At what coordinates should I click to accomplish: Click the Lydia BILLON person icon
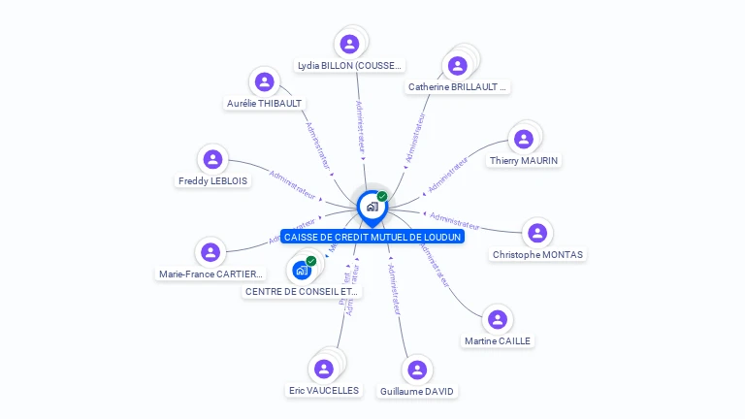pos(349,44)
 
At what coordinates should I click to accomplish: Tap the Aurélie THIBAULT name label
pos(265,103)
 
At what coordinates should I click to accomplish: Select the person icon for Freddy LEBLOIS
pos(212,159)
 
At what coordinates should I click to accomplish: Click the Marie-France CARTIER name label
pos(211,274)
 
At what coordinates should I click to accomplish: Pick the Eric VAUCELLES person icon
pos(324,369)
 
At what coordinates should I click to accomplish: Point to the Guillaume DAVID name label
pos(417,391)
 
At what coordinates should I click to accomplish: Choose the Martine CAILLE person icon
pos(498,319)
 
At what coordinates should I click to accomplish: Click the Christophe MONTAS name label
pos(538,255)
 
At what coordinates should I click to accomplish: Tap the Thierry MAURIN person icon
pos(524,139)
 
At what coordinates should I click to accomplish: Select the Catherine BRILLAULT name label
pos(458,86)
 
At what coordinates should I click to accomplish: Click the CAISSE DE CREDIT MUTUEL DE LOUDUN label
pos(372,237)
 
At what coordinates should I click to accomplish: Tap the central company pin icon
pos(372,207)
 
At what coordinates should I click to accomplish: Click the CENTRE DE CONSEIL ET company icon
pos(302,270)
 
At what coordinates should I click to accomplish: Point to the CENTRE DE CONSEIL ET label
pos(302,291)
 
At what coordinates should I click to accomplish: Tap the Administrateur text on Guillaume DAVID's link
pos(394,291)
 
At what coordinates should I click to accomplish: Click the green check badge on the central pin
pos(382,196)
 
